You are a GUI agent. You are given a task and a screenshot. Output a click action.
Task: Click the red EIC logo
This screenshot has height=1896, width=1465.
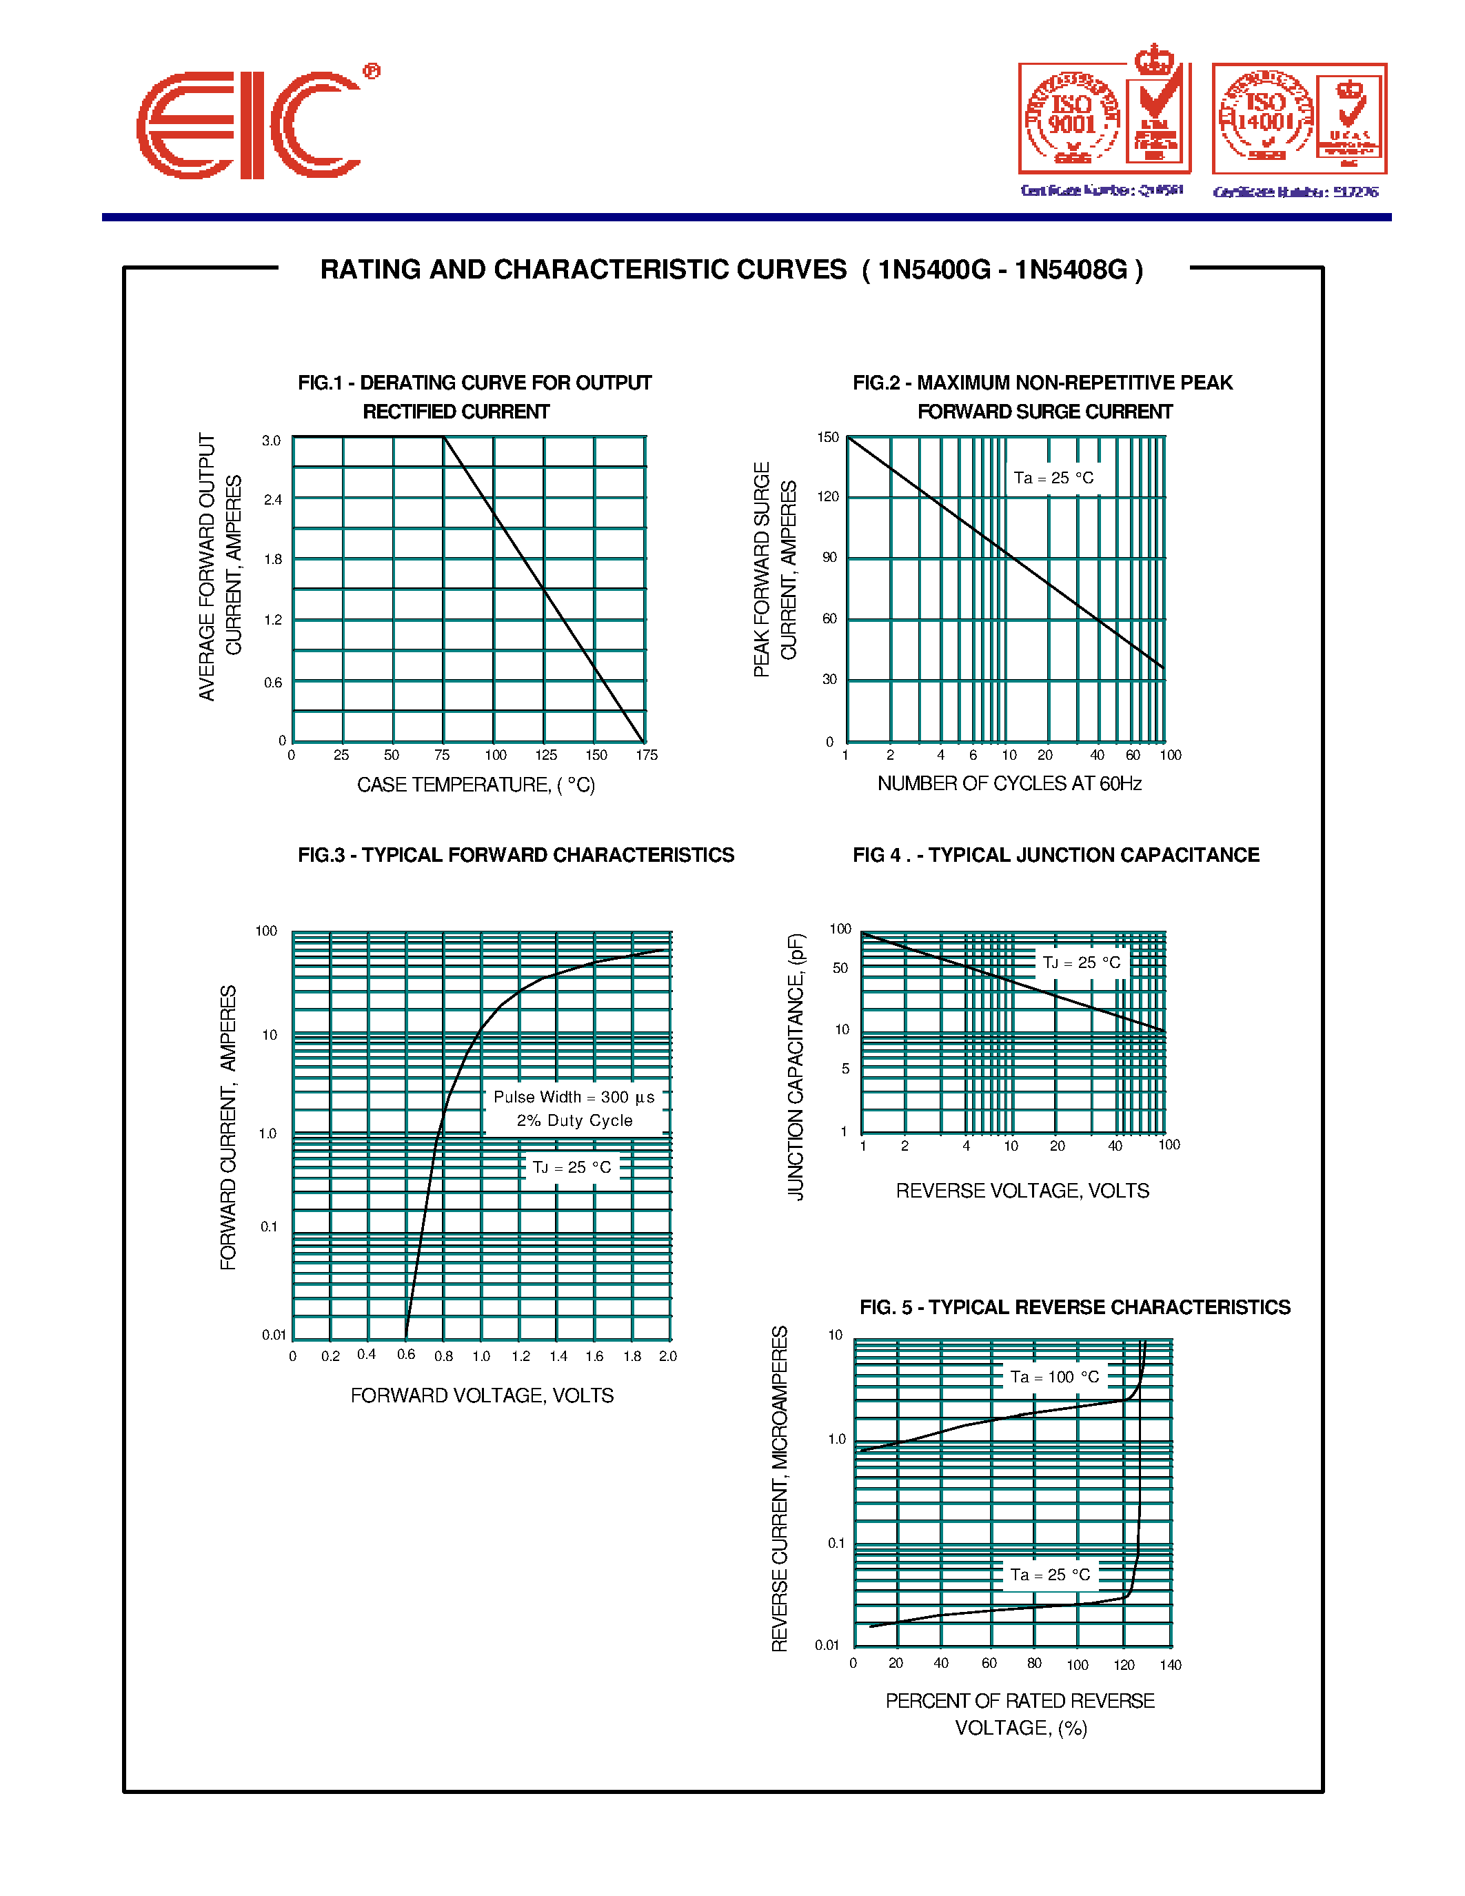(x=250, y=125)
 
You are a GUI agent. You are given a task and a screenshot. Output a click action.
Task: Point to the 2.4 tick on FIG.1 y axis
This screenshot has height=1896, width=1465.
(x=272, y=500)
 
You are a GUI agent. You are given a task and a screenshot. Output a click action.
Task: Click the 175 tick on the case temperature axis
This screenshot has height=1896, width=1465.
(x=647, y=755)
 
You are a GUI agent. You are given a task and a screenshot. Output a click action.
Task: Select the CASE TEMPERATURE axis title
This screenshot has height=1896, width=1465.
(x=476, y=785)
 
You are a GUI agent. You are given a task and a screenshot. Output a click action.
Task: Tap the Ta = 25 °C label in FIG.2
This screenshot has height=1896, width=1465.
(x=1053, y=478)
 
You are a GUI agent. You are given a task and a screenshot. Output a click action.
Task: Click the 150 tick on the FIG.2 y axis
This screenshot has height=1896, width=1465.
(x=828, y=438)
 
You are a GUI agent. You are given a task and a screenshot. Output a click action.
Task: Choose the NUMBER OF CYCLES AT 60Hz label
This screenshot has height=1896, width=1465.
(x=1009, y=784)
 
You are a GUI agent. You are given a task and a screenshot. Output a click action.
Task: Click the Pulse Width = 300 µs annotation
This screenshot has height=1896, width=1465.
(x=574, y=1098)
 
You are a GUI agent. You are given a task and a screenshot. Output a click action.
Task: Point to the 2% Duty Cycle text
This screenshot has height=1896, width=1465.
(x=574, y=1121)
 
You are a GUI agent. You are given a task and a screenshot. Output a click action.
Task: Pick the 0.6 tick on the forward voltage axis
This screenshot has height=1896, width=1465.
(x=406, y=1354)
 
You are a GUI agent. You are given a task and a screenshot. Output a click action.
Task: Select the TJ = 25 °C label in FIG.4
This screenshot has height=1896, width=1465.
(x=1080, y=962)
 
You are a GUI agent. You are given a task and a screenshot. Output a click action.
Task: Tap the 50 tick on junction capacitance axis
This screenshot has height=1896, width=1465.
(x=840, y=968)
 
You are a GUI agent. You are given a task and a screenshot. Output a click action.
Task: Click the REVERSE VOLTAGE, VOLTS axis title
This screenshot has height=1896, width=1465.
(x=1022, y=1191)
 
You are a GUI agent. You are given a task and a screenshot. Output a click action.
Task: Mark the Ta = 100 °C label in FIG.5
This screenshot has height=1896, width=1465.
(x=1055, y=1377)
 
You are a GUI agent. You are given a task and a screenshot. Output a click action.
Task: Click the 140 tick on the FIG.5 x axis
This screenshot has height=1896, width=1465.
(x=1171, y=1664)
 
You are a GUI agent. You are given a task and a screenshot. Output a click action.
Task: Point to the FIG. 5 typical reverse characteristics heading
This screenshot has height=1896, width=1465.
(x=1075, y=1307)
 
